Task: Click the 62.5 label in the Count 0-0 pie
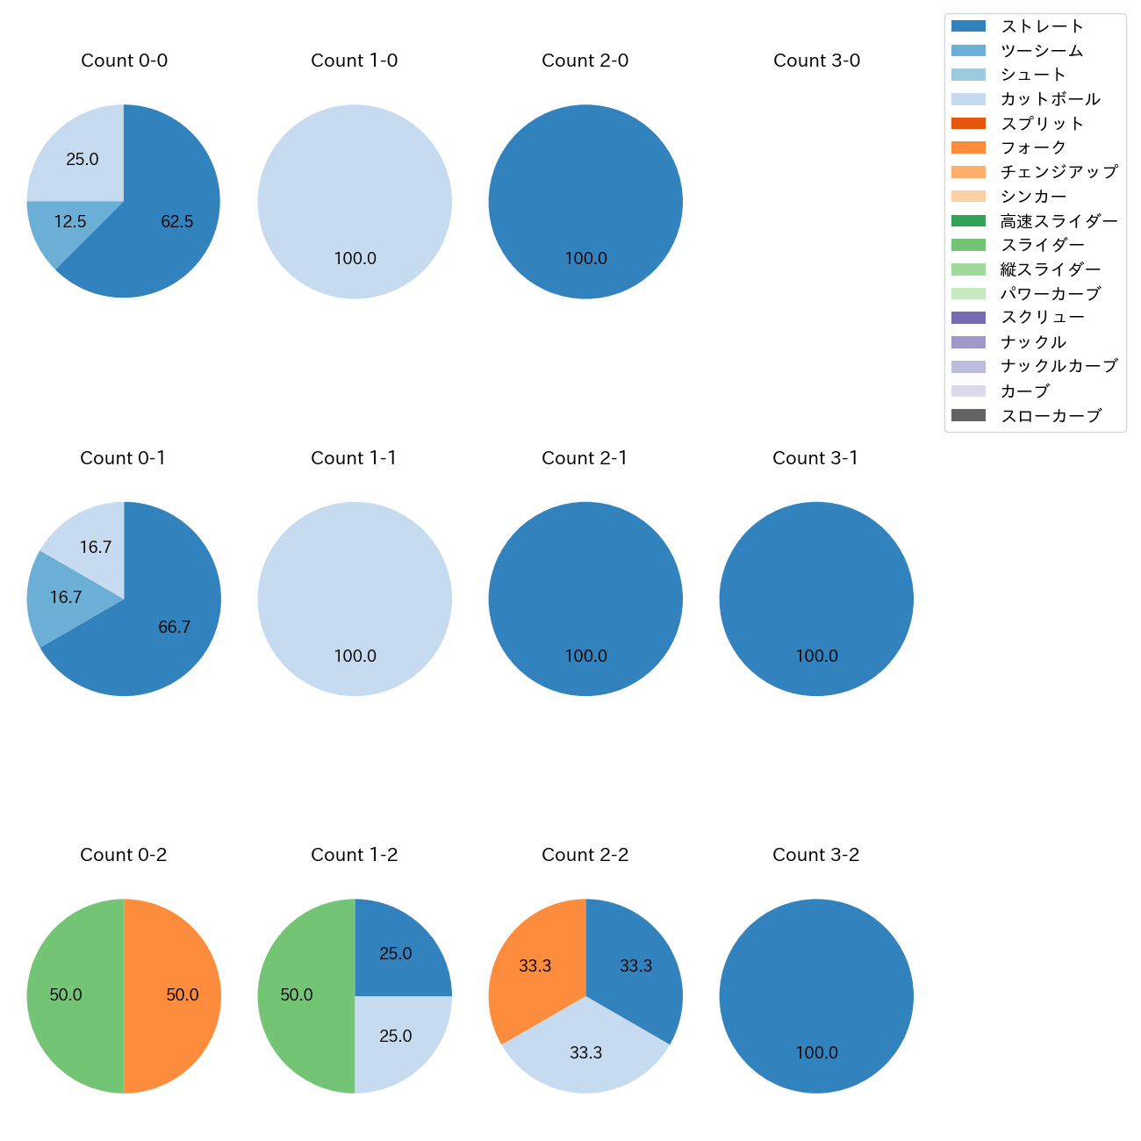click(176, 222)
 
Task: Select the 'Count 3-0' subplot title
click(816, 61)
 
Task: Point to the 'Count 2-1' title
click(585, 458)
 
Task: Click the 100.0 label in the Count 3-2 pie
click(816, 1053)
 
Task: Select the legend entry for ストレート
click(1042, 26)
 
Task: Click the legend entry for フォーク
click(1033, 147)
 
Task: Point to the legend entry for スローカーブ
click(1051, 416)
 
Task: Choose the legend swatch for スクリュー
click(968, 318)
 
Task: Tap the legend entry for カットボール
click(1050, 99)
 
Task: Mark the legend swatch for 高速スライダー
click(968, 221)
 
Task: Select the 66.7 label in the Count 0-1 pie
click(174, 628)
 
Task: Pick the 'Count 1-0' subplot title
click(354, 61)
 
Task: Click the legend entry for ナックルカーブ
click(1058, 366)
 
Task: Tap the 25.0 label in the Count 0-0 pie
click(83, 160)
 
